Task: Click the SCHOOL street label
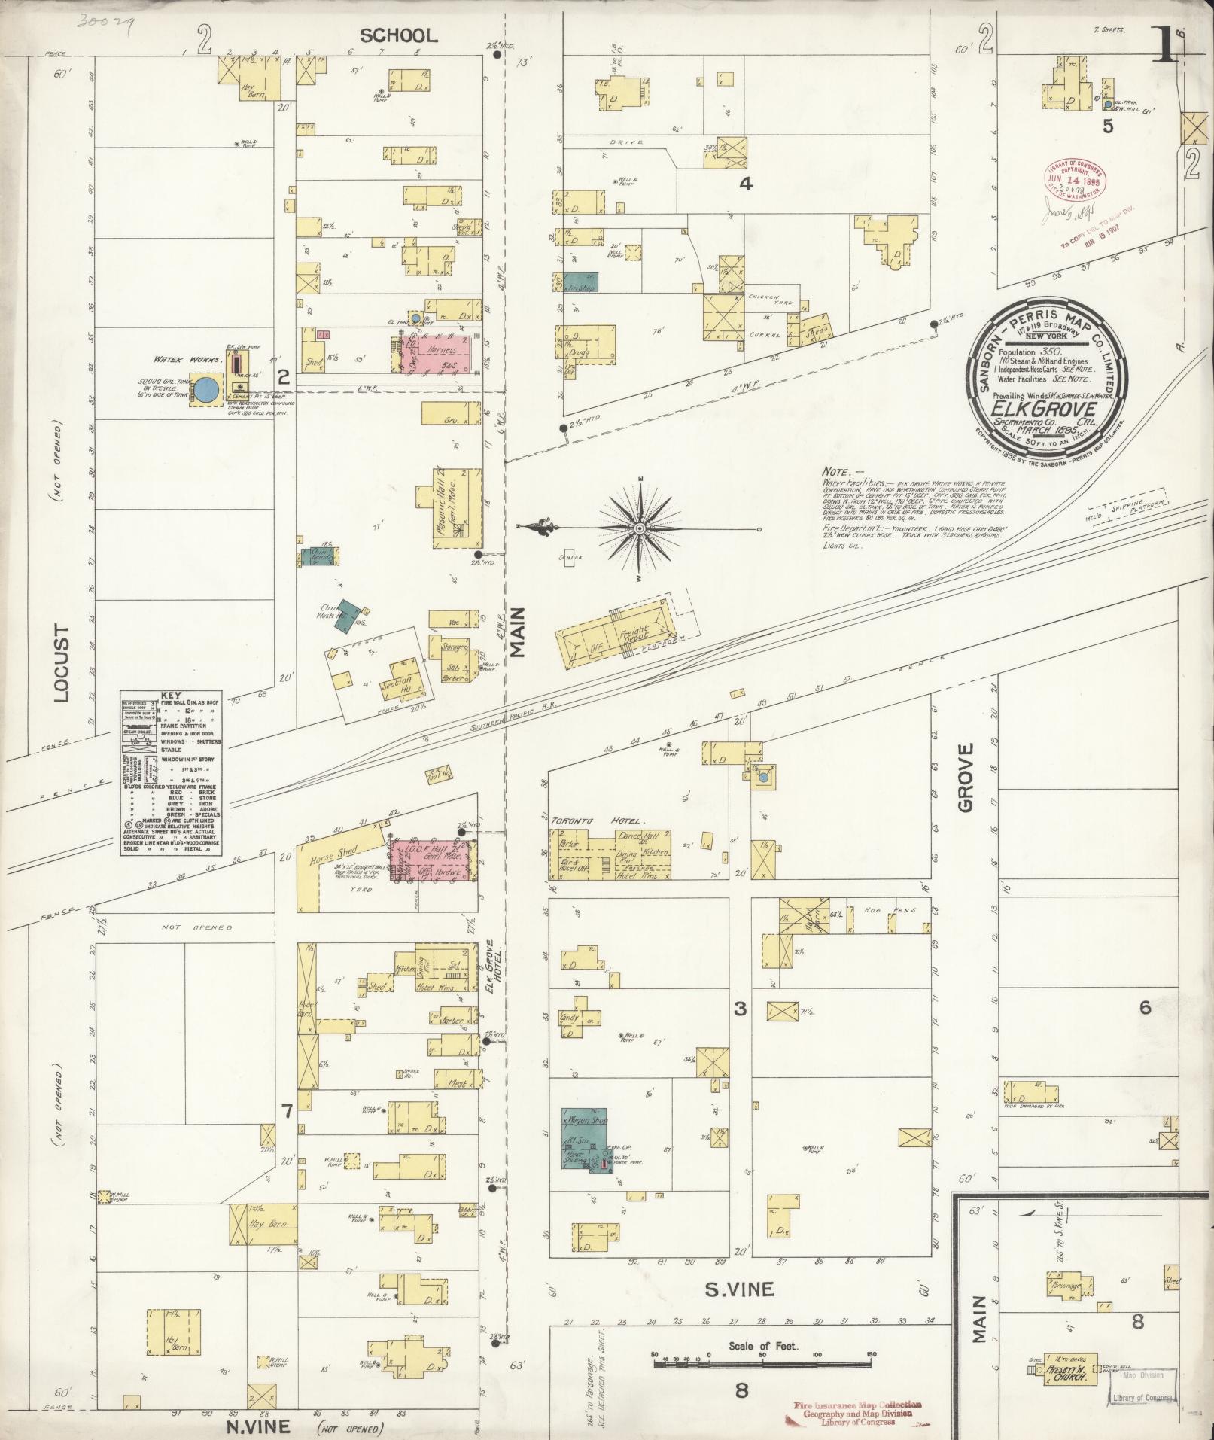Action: coord(399,35)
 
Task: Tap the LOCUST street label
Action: coord(61,662)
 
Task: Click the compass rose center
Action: coord(639,528)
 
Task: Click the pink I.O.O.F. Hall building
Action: coord(433,859)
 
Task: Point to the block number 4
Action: coord(745,183)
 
